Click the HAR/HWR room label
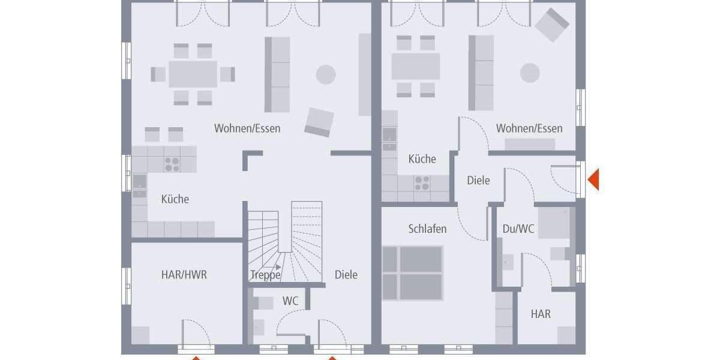pyautogui.click(x=184, y=275)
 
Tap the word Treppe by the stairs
pyautogui.click(x=265, y=275)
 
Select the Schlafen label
pyautogui.click(x=427, y=229)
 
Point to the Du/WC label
pyautogui.click(x=518, y=229)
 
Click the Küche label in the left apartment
pyautogui.click(x=175, y=199)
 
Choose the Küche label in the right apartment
pyautogui.click(x=422, y=159)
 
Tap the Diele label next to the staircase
pyautogui.click(x=346, y=275)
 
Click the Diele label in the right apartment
pyautogui.click(x=478, y=180)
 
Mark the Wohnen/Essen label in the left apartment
pyautogui.click(x=247, y=128)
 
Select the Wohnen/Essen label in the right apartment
pyautogui.click(x=529, y=128)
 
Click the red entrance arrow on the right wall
pyautogui.click(x=593, y=180)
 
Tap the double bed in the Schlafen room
pyautogui.click(x=413, y=273)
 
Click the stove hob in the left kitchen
pyautogui.click(x=172, y=164)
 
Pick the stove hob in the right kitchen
pyautogui.click(x=421, y=183)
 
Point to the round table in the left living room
pyautogui.click(x=326, y=74)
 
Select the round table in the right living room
pyautogui.click(x=530, y=73)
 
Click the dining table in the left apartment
pyautogui.click(x=193, y=74)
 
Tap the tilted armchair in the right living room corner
pyautogui.click(x=551, y=25)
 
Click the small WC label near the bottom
pyautogui.click(x=290, y=301)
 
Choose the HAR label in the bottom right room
pyautogui.click(x=541, y=314)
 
